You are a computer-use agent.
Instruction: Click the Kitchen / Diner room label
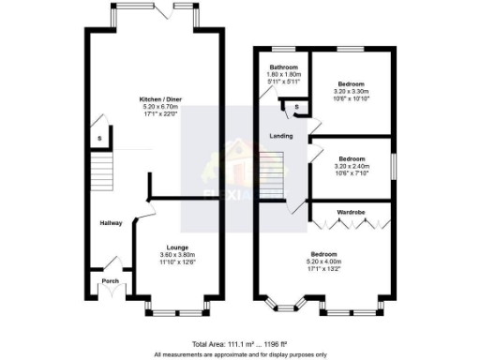coord(156,99)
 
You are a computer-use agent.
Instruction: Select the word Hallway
coord(112,222)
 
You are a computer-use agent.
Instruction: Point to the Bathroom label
coord(283,68)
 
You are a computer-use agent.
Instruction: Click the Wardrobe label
coord(352,213)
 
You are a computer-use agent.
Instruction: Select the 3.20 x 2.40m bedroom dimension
coord(352,167)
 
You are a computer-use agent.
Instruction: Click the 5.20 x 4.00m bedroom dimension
coord(322,262)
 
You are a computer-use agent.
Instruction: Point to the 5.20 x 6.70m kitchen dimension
coord(156,107)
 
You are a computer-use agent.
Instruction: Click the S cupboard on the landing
coord(296,109)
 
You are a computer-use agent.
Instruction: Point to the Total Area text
coord(239,344)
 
